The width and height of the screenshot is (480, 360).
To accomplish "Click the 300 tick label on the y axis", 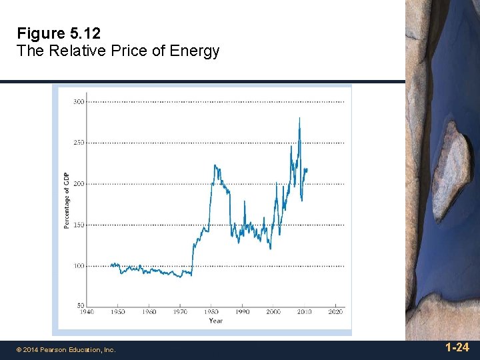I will click(x=78, y=102).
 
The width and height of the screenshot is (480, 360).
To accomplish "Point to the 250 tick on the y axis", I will click(x=78, y=143).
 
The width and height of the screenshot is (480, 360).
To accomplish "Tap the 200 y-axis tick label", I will click(x=78, y=184).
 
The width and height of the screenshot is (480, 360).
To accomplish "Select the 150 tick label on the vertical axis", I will click(x=78, y=225).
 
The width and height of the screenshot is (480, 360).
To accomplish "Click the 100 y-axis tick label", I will click(x=78, y=266).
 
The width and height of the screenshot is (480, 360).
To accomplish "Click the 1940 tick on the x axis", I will click(x=86, y=312).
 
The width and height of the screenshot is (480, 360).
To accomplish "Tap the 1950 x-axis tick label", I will click(x=117, y=312).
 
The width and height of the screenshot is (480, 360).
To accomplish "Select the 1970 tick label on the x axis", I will click(x=180, y=312).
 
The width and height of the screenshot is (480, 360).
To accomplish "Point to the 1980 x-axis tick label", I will click(x=211, y=312).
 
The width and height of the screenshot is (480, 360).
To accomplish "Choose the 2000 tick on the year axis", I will click(x=273, y=312).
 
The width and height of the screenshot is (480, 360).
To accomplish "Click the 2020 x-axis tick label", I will click(x=335, y=312).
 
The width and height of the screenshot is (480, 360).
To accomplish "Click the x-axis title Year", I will click(x=215, y=321).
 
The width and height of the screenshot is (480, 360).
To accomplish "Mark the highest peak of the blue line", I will click(x=299, y=118).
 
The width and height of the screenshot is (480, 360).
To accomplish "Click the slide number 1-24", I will click(x=457, y=347).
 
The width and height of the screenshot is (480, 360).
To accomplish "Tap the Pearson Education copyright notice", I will click(x=66, y=349).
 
